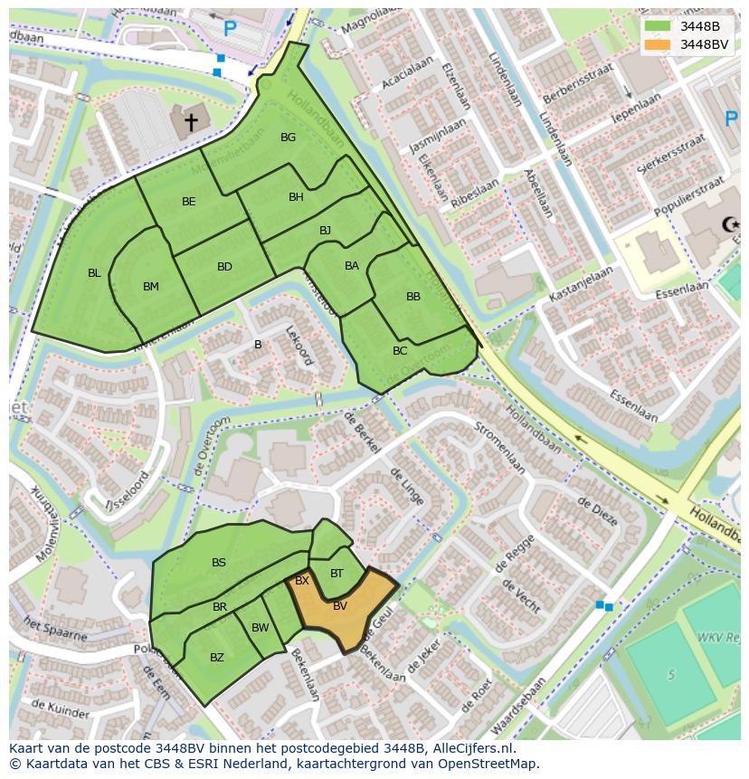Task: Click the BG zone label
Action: (288, 138)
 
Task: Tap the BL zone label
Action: (94, 273)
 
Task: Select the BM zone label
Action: (151, 287)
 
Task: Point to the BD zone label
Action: (224, 267)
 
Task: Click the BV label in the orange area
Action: (340, 606)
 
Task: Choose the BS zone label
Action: (219, 563)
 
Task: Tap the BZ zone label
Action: (217, 658)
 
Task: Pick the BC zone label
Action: (400, 351)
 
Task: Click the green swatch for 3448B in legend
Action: (658, 26)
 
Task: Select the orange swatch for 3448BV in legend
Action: (658, 44)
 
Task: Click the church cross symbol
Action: (191, 120)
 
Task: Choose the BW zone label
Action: (261, 628)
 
